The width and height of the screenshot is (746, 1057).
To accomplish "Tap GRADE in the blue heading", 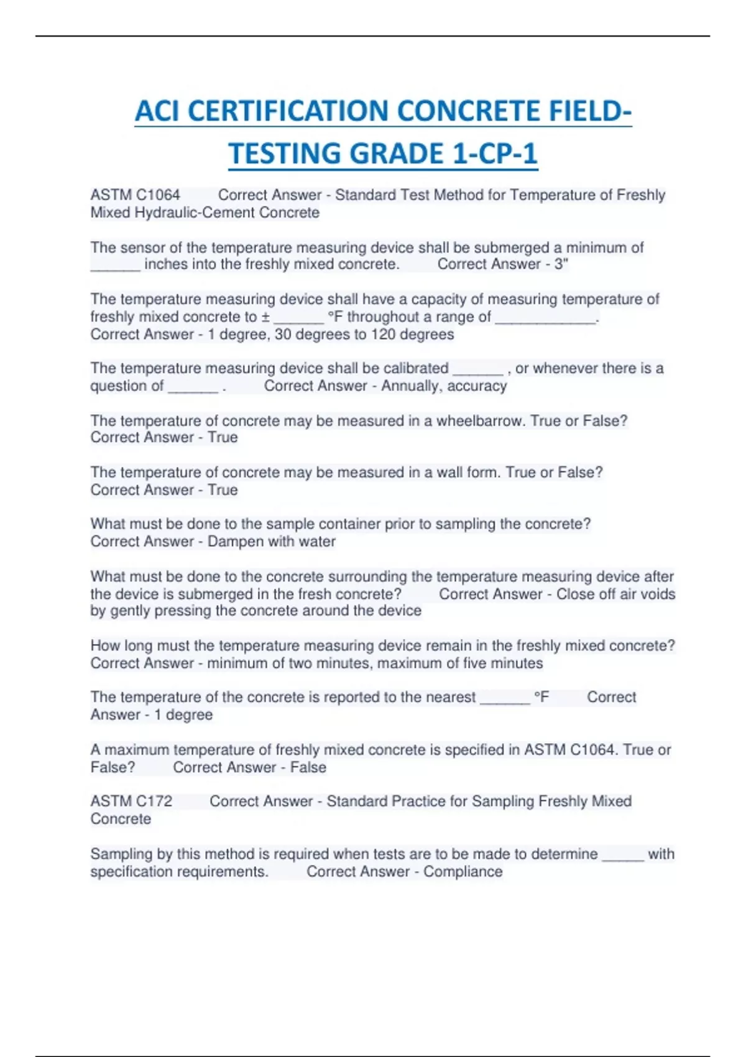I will click(x=395, y=154).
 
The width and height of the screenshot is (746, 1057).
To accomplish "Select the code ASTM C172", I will click(x=131, y=801).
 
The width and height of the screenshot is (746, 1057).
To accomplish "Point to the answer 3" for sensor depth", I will click(x=561, y=264).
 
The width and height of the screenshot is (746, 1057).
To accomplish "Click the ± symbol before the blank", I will click(x=265, y=317).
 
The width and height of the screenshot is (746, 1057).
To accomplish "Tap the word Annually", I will click(x=409, y=386).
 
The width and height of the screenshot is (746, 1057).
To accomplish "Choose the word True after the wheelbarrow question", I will click(x=223, y=438).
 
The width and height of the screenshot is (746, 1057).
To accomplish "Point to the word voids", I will click(x=657, y=594).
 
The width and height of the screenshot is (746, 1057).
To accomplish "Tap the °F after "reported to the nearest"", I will click(x=541, y=698).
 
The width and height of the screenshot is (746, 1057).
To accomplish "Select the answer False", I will click(x=308, y=767).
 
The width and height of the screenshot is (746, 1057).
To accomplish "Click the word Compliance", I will click(x=463, y=872).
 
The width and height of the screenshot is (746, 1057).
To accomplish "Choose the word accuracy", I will click(x=476, y=386).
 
